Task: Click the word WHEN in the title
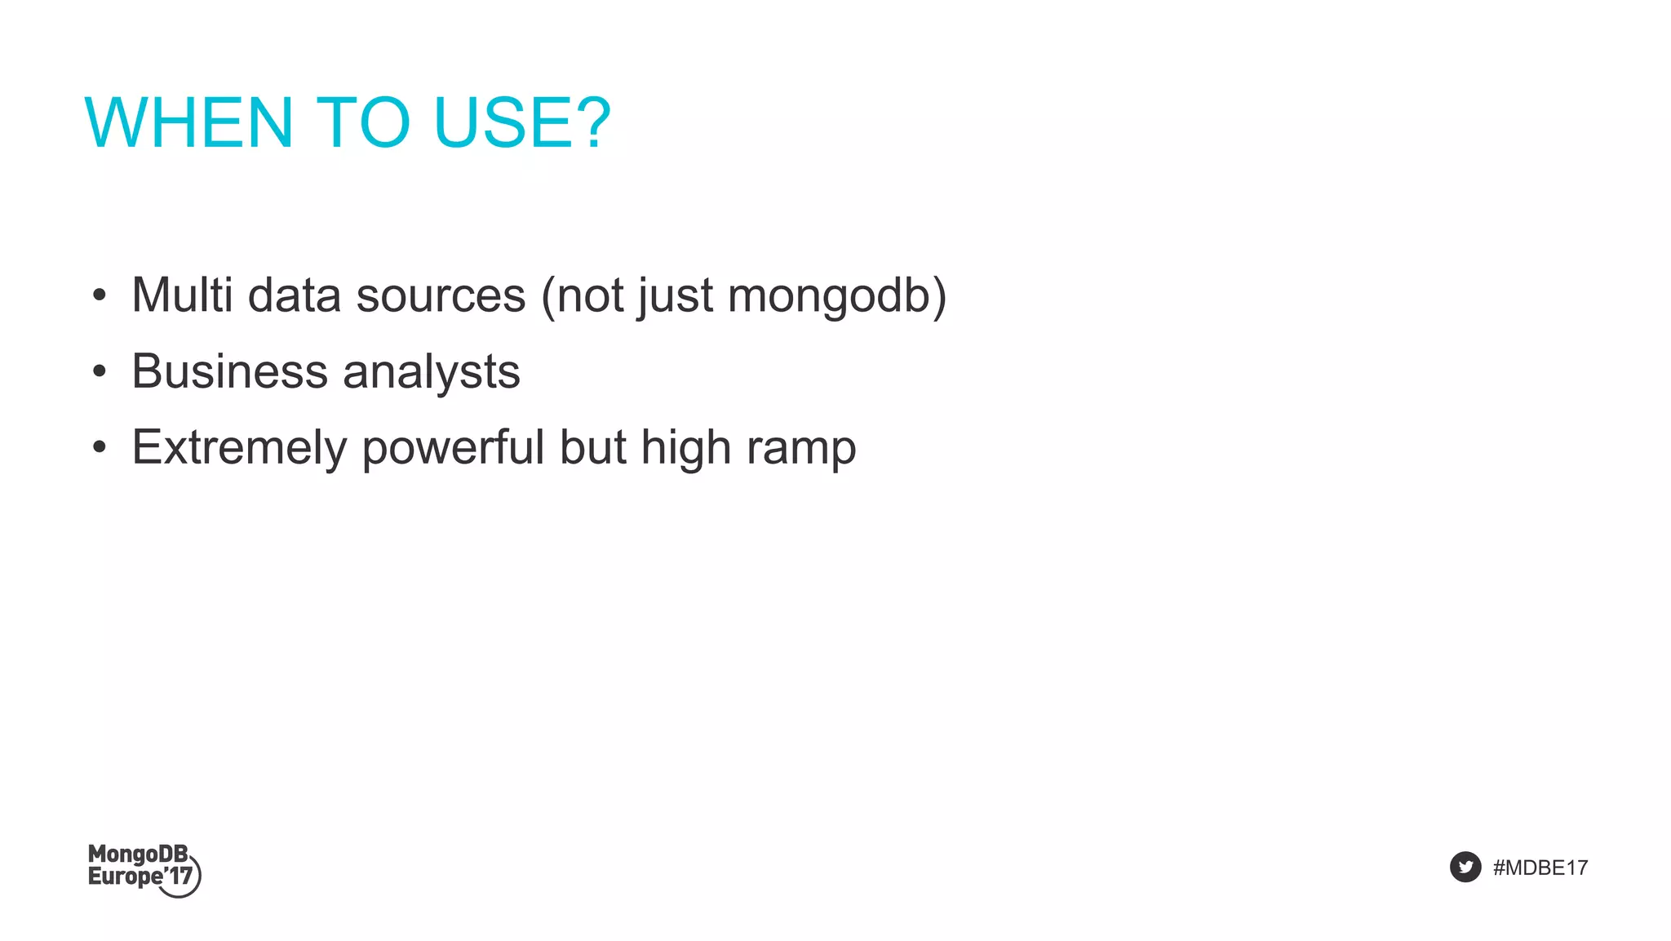tap(188, 122)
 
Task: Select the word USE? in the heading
tap(522, 122)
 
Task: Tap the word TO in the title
tap(362, 122)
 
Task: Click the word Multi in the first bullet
tap(182, 295)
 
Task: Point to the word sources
tap(441, 295)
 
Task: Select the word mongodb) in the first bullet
tap(837, 295)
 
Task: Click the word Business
tap(229, 371)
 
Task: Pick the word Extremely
tap(239, 448)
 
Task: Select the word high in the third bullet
tap(685, 448)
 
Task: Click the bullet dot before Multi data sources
tap(100, 295)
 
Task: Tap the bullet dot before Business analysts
tap(100, 372)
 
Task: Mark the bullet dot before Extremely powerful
tap(100, 448)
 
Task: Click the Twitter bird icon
tap(1465, 867)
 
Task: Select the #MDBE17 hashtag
tap(1540, 868)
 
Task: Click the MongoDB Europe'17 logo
tap(144, 870)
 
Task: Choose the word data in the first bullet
tap(295, 295)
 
